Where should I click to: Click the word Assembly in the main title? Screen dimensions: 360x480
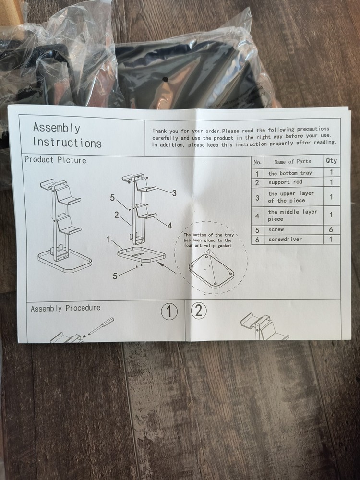tap(57, 127)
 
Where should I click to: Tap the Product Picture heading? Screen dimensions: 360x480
tap(55, 160)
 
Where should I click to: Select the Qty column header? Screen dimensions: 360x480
tap(331, 161)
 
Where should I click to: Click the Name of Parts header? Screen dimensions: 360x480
tap(292, 162)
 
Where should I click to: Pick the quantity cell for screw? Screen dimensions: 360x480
tap(331, 229)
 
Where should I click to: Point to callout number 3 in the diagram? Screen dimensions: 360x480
tap(174, 193)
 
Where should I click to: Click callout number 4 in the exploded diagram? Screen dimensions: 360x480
tap(169, 226)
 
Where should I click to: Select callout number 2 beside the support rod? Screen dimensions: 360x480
tap(116, 215)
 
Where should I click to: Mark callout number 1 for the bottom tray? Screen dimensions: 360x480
tap(108, 240)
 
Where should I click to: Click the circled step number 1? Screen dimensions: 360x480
tap(169, 312)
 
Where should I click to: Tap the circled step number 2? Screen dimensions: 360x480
tap(199, 311)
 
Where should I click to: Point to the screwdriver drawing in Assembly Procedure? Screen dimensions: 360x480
tap(101, 326)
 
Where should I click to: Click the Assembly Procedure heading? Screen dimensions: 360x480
tap(65, 308)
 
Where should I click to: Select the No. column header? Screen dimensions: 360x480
tap(257, 162)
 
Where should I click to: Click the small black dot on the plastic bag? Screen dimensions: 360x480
tap(165, 80)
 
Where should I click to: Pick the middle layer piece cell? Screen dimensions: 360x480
tap(292, 215)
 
